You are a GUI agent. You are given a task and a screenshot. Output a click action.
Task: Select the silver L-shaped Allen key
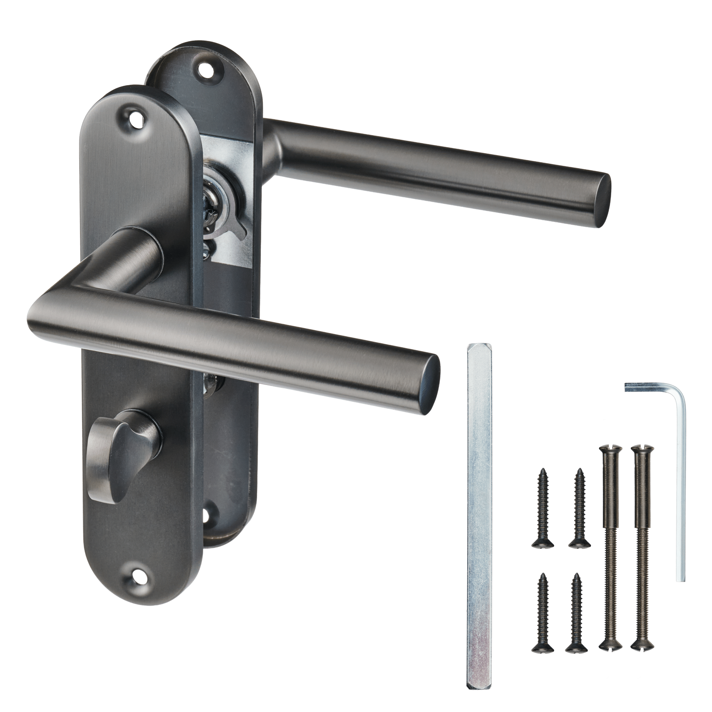pos(680,486)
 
